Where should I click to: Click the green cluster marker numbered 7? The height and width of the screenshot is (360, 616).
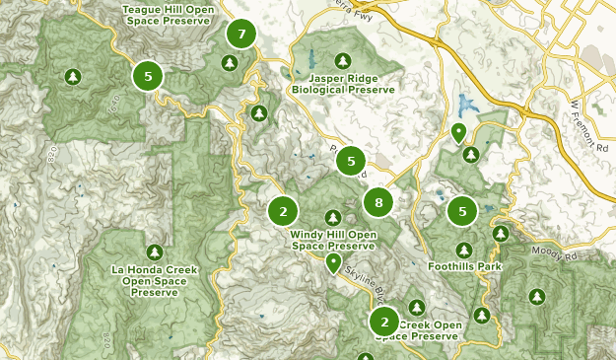tap(240, 35)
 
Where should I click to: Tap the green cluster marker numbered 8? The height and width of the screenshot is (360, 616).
tap(378, 203)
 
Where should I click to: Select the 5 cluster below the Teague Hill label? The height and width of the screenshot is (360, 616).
tap(148, 75)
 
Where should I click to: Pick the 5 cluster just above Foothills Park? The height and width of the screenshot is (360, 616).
tap(462, 210)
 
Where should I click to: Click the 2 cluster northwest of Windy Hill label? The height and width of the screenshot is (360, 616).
tap(283, 210)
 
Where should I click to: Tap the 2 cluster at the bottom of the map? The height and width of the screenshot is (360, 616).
tap(384, 321)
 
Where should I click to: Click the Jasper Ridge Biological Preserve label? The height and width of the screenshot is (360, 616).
tap(342, 83)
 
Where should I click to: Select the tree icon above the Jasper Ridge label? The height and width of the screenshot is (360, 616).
tap(342, 60)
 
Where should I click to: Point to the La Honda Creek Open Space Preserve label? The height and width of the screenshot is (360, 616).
tap(155, 281)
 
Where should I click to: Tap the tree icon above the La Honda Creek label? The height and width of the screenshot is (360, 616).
tap(155, 252)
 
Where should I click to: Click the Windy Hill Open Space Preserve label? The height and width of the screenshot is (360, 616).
tap(333, 240)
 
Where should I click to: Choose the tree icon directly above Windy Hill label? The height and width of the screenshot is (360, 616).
tap(333, 218)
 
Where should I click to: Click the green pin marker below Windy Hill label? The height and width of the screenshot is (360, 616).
tap(333, 262)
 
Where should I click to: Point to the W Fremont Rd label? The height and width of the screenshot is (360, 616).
tap(584, 123)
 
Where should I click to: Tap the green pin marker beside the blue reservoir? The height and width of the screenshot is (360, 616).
tap(458, 131)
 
